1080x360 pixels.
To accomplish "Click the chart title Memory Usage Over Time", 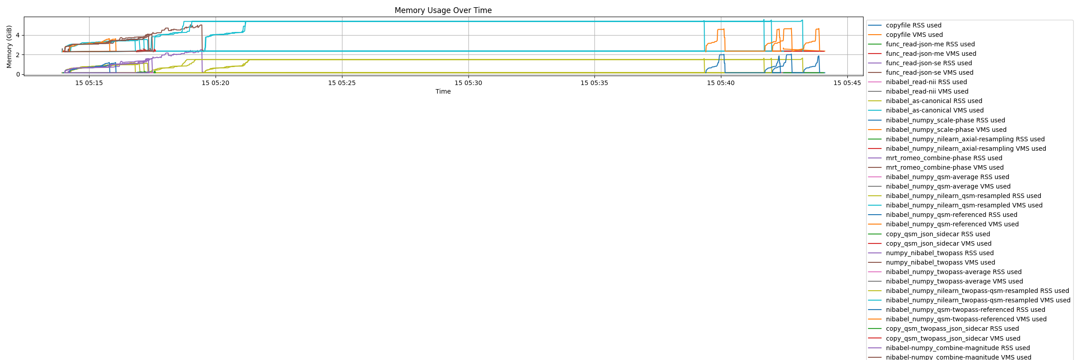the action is tap(443, 10).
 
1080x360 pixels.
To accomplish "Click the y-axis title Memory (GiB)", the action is tap(9, 46).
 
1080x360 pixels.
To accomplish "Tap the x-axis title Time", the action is tap(443, 91).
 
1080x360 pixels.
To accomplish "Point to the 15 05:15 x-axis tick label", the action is tap(89, 83).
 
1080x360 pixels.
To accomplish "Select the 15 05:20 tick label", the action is tap(216, 83).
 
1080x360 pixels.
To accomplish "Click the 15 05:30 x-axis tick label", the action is tap(468, 83).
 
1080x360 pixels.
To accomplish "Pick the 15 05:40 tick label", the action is tap(721, 83).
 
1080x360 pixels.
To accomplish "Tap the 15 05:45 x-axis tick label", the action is tap(847, 83).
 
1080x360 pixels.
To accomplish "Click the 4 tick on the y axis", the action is tap(18, 35).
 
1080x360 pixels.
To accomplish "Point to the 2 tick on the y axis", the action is tap(18, 55).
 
